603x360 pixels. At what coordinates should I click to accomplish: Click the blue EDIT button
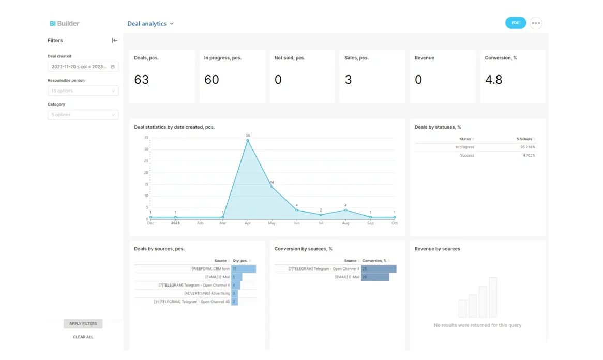(x=515, y=23)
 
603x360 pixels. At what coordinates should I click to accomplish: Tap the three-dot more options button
(x=536, y=23)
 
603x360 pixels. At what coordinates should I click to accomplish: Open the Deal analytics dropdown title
(x=150, y=24)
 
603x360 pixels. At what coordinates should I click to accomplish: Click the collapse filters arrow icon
(x=114, y=40)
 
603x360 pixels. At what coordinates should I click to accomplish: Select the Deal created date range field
(x=83, y=67)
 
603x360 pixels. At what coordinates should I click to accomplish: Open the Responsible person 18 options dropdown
(x=83, y=91)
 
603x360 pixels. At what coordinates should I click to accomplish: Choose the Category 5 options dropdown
(x=83, y=115)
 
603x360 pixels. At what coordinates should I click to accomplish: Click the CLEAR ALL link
(x=83, y=337)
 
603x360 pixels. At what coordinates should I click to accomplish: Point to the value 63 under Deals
(x=141, y=80)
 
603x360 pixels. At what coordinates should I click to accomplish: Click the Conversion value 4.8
(x=493, y=80)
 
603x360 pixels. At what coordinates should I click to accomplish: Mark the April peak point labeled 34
(x=248, y=140)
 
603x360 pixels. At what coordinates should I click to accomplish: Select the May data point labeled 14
(x=272, y=187)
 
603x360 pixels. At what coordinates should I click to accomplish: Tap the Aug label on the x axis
(x=345, y=223)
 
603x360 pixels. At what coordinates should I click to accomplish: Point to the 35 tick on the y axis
(x=146, y=138)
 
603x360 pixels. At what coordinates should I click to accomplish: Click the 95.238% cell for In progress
(x=527, y=147)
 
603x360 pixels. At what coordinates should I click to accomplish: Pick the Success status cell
(x=466, y=156)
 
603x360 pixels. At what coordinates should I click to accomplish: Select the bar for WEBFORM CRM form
(x=244, y=269)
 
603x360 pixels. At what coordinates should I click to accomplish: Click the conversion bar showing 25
(x=379, y=269)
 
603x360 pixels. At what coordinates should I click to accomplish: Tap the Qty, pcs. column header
(x=240, y=261)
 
